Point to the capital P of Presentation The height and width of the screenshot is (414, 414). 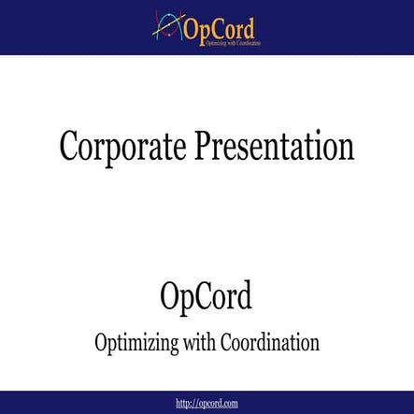[x=206, y=147]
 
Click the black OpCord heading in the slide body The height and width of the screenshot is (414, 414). [x=206, y=298]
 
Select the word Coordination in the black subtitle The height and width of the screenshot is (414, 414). [x=271, y=342]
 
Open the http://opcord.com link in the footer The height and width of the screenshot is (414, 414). [x=207, y=403]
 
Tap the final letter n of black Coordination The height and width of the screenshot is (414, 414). [x=315, y=343]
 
